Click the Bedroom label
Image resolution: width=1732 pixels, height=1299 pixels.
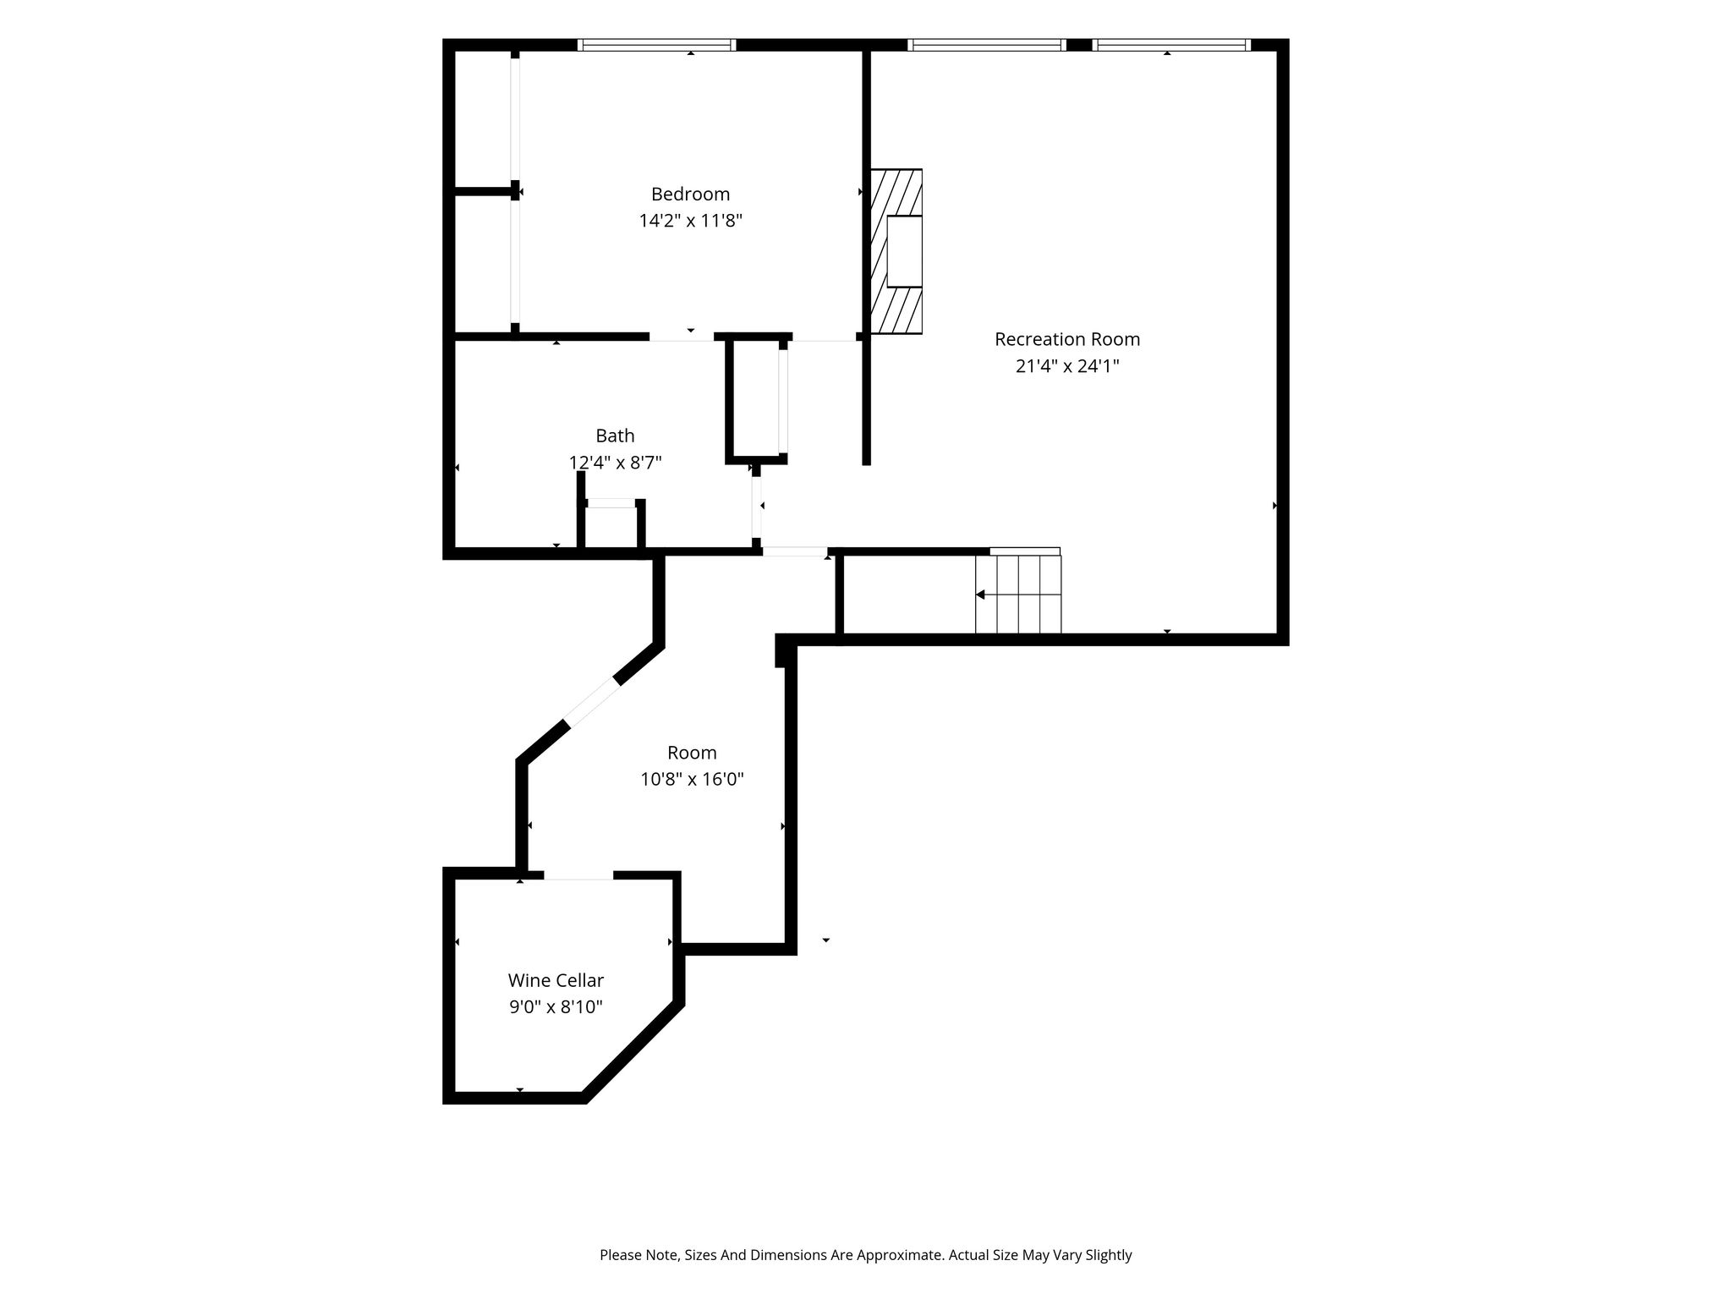click(690, 194)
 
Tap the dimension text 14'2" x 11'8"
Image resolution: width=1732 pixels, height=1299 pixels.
click(690, 221)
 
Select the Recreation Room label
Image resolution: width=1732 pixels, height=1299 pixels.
click(1067, 339)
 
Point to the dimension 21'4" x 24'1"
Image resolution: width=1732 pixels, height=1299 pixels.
click(1067, 366)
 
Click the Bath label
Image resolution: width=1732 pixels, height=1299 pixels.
click(615, 436)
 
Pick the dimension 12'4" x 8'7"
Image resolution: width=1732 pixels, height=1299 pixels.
click(615, 463)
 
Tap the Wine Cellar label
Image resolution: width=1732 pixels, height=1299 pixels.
click(556, 980)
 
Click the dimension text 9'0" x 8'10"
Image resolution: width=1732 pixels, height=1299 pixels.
click(556, 1007)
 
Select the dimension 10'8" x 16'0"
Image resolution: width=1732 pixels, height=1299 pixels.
click(692, 779)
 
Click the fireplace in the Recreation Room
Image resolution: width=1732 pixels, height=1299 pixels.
click(896, 251)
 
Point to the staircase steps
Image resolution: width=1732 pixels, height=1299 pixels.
click(1018, 594)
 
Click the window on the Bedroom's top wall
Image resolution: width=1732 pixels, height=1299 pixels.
click(656, 45)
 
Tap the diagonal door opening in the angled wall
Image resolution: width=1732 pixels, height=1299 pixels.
click(593, 704)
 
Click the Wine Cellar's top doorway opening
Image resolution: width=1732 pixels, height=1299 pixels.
click(578, 875)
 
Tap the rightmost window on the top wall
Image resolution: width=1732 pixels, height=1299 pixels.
click(1171, 45)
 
